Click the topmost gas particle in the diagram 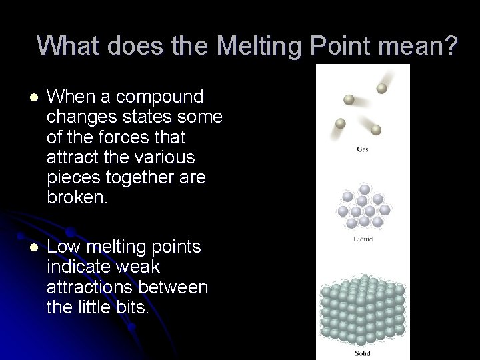(x=382, y=88)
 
